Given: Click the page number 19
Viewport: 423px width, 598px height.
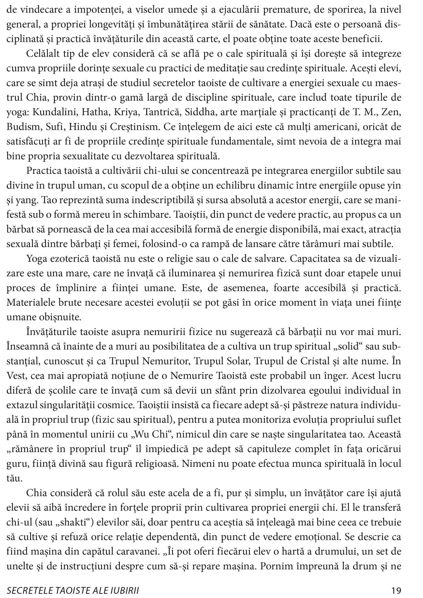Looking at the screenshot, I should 396,591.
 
